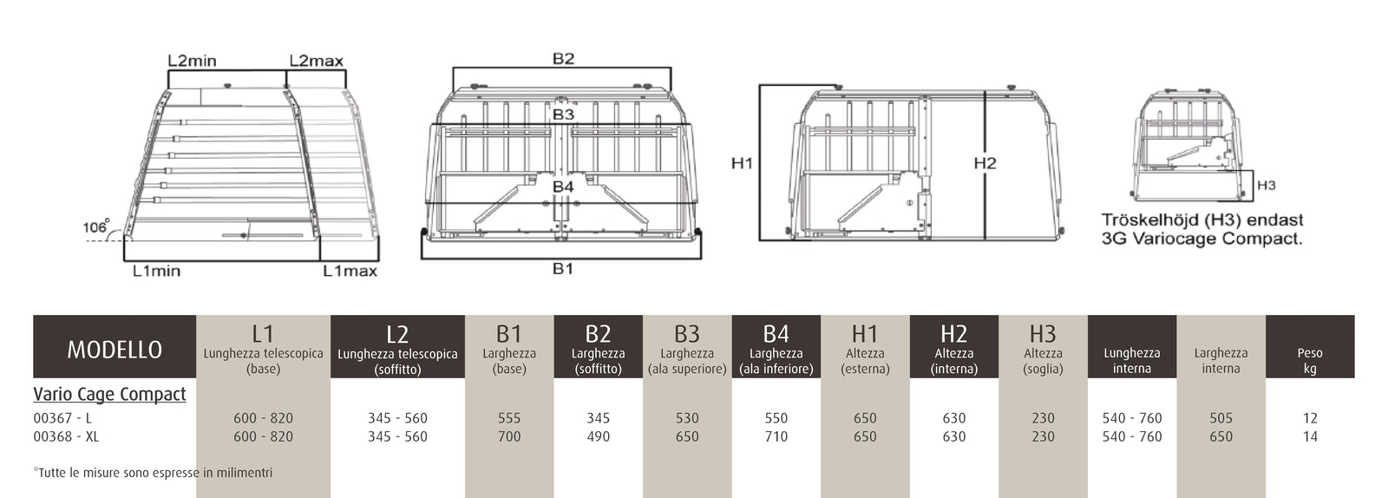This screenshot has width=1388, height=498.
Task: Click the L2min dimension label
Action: (x=192, y=61)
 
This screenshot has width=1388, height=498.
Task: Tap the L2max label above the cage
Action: (x=316, y=61)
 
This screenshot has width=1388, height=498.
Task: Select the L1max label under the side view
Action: (x=350, y=271)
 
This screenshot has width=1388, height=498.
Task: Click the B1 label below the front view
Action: (x=563, y=269)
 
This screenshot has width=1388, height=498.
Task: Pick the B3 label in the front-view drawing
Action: (x=563, y=115)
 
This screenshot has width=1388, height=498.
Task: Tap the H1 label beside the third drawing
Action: (x=742, y=163)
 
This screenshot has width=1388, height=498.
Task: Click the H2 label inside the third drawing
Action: (x=985, y=163)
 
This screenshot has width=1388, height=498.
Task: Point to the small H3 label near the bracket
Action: (x=1266, y=185)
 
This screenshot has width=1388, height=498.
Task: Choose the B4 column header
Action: (x=776, y=347)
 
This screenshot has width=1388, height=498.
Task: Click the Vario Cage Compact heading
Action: (x=109, y=394)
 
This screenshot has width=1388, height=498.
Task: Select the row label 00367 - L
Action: (x=62, y=418)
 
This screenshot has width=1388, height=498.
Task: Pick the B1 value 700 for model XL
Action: (x=509, y=436)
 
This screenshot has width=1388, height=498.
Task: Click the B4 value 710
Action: (x=776, y=436)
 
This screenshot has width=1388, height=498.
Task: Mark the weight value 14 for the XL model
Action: (x=1310, y=436)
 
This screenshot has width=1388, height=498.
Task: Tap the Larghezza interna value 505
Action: (x=1221, y=418)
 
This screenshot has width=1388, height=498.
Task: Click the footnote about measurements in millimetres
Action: (x=153, y=473)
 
